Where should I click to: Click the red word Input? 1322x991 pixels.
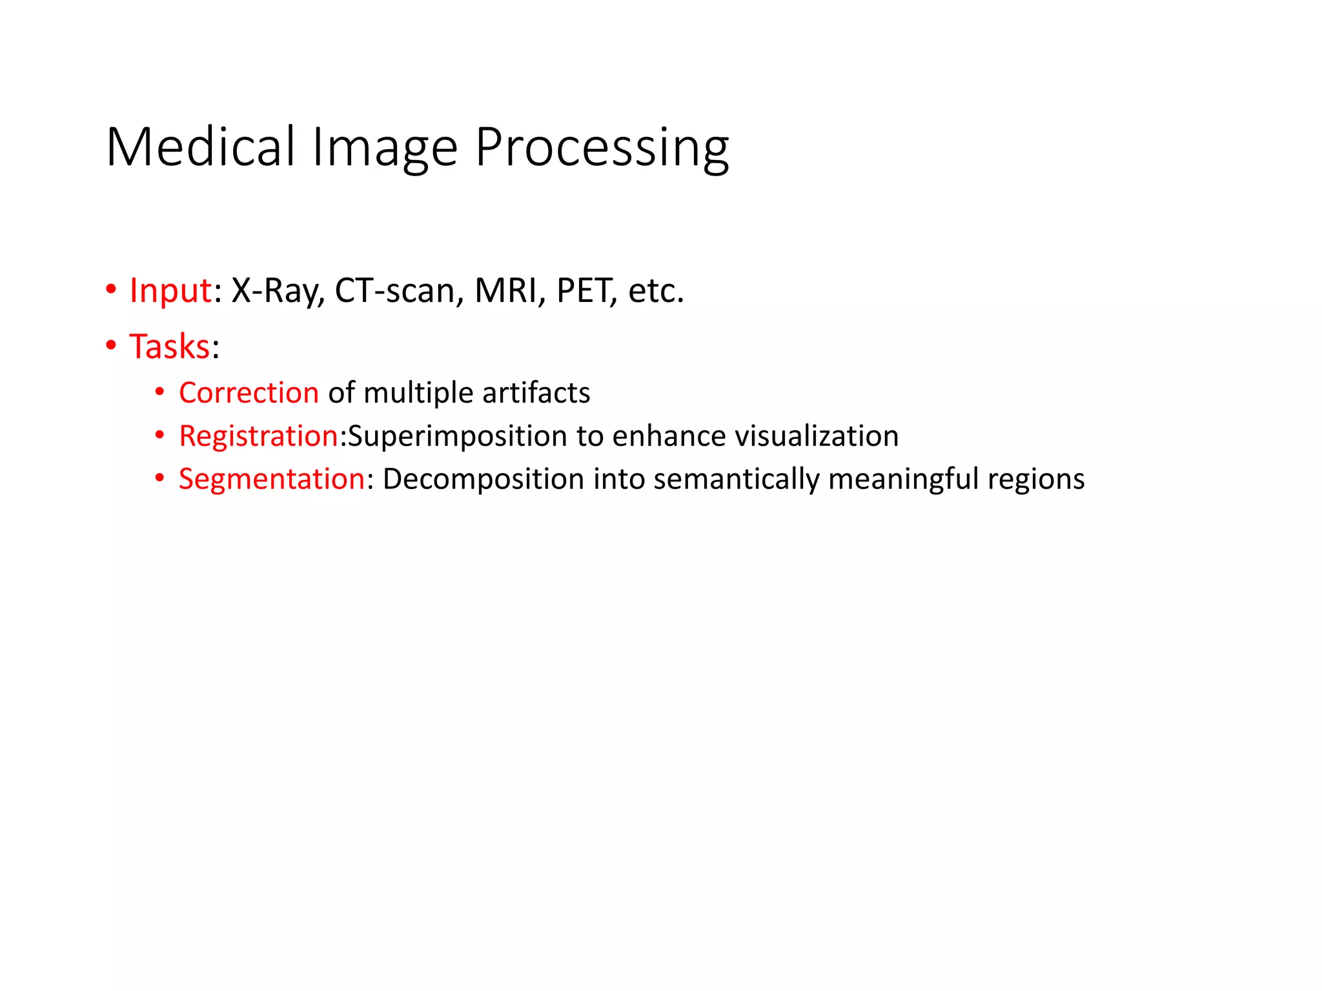click(x=170, y=290)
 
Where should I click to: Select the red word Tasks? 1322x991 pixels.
click(x=170, y=346)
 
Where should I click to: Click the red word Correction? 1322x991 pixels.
click(x=249, y=393)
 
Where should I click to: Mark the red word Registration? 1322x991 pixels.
click(x=258, y=436)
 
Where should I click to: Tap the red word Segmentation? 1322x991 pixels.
click(x=272, y=479)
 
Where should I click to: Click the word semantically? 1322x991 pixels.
click(x=736, y=479)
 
